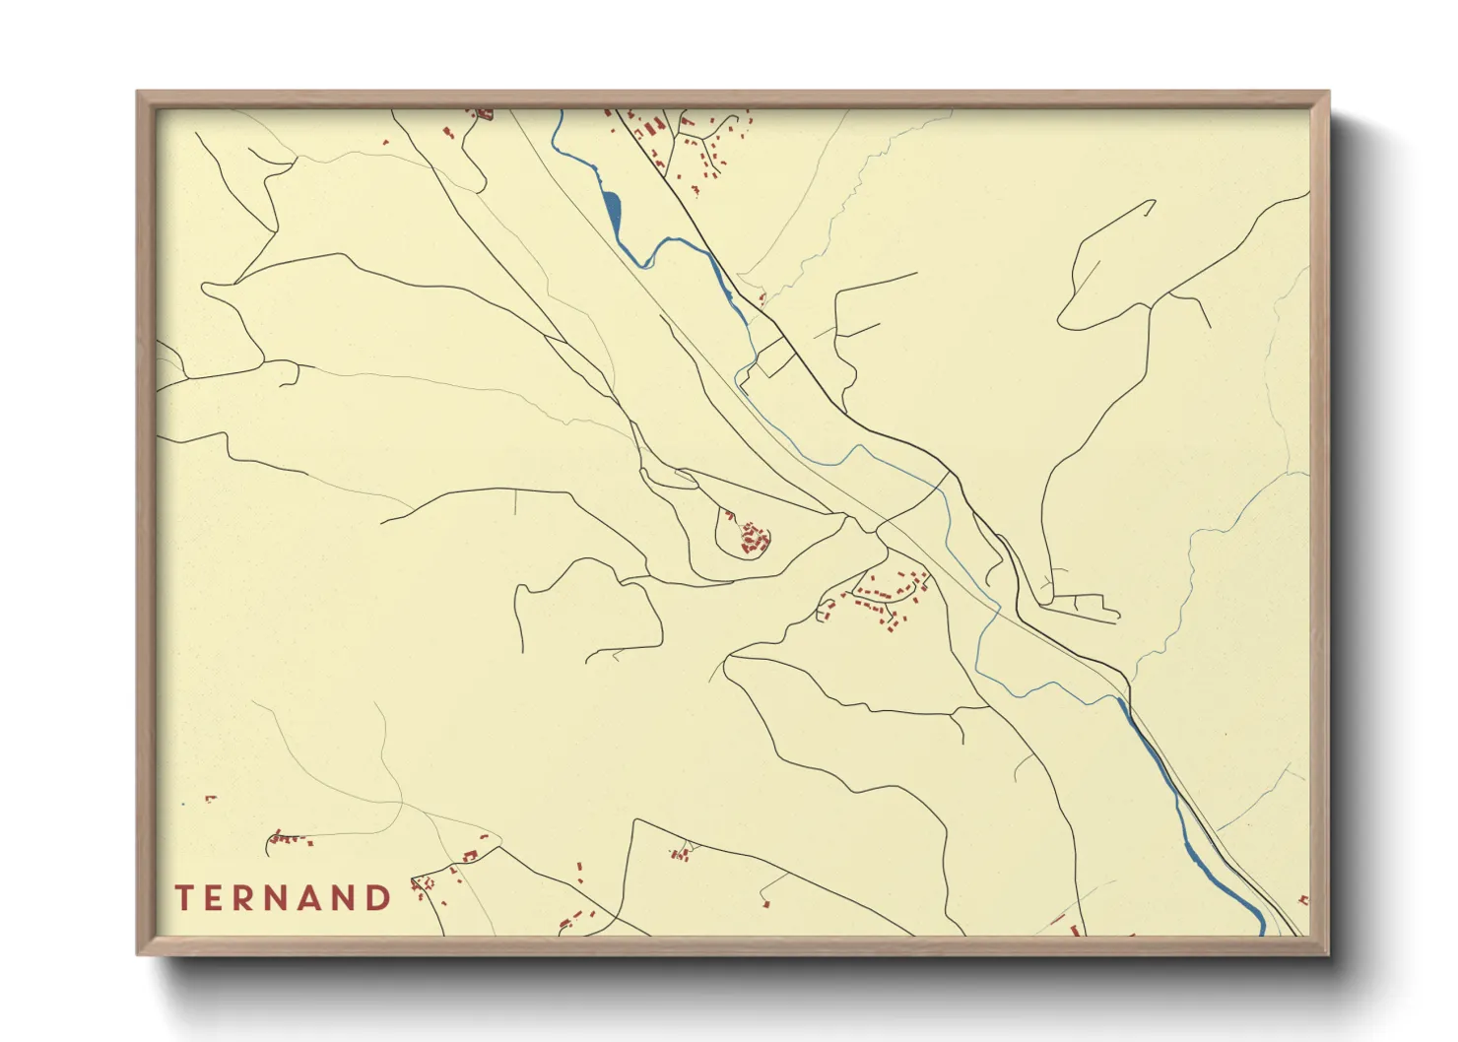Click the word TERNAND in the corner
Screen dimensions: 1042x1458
coord(284,898)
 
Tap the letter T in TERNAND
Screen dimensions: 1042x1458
coord(183,898)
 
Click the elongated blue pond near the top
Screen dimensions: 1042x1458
coord(611,208)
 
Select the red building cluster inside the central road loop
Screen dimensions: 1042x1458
coord(754,539)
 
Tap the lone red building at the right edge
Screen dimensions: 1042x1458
coord(1303,899)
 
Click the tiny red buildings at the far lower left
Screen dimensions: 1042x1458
coord(209,799)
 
